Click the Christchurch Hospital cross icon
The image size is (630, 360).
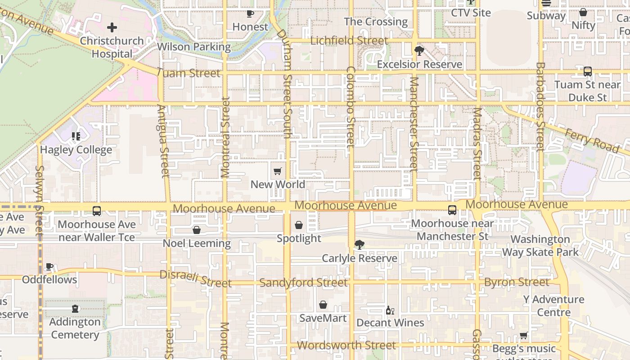pos(112,28)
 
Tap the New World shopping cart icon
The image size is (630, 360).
pos(278,171)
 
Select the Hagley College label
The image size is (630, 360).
pos(76,149)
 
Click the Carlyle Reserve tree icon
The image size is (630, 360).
pos(359,245)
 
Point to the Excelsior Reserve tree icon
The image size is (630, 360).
pos(419,51)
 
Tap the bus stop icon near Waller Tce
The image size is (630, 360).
pos(96,211)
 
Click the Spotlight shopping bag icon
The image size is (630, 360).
pos(299,225)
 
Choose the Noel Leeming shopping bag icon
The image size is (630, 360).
pos(197,230)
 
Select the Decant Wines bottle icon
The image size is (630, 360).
pos(390,310)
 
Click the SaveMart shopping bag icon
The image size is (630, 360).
pos(323,305)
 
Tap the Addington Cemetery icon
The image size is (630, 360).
pos(75,309)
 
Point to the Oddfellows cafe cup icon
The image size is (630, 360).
pos(49,266)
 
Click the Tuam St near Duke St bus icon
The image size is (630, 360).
pos(587,71)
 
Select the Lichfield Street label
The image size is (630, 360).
pos(349,40)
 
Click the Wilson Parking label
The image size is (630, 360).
pos(193,47)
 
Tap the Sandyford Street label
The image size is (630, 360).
pos(303,283)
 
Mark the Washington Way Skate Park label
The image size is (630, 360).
pos(540,246)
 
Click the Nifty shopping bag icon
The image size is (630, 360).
pos(583,13)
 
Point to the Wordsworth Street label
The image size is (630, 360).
pos(346,345)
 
